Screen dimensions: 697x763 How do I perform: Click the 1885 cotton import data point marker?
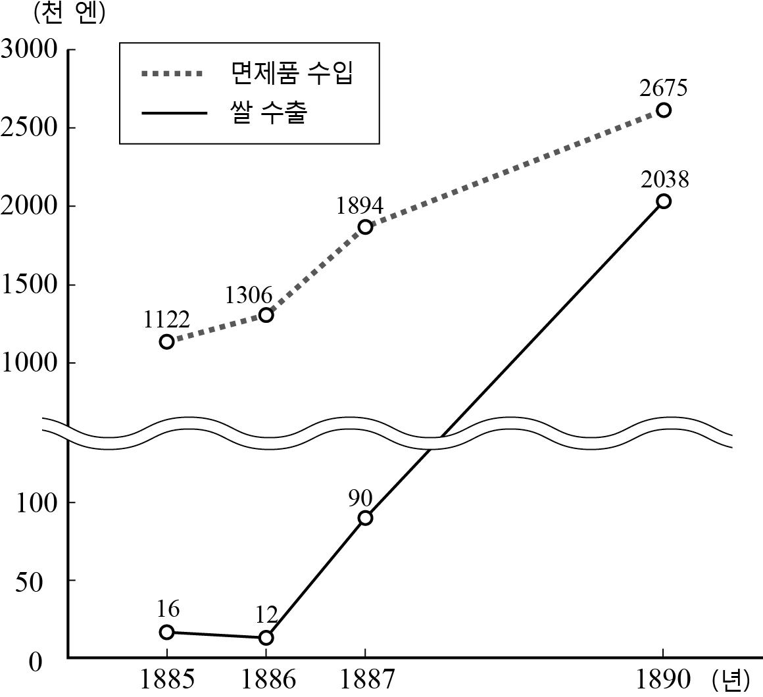click(x=167, y=341)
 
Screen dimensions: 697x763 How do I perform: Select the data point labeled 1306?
click(x=266, y=315)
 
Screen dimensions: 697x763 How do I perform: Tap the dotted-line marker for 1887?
click(x=366, y=227)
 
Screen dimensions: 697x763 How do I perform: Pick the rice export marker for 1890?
click(x=664, y=201)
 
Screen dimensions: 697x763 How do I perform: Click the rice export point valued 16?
click(x=167, y=632)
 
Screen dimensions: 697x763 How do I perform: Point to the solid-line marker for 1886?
click(x=266, y=637)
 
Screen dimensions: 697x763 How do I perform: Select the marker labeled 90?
click(x=366, y=517)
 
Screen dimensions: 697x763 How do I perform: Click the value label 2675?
click(x=664, y=87)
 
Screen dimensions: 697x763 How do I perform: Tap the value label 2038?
click(x=664, y=179)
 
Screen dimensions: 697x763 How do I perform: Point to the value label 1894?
click(x=360, y=206)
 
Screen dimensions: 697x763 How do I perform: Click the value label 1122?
click(x=166, y=320)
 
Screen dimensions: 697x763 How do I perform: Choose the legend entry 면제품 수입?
click(x=292, y=74)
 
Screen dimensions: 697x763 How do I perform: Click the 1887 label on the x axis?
click(x=366, y=679)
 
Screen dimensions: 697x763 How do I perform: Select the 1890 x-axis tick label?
click(x=664, y=679)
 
